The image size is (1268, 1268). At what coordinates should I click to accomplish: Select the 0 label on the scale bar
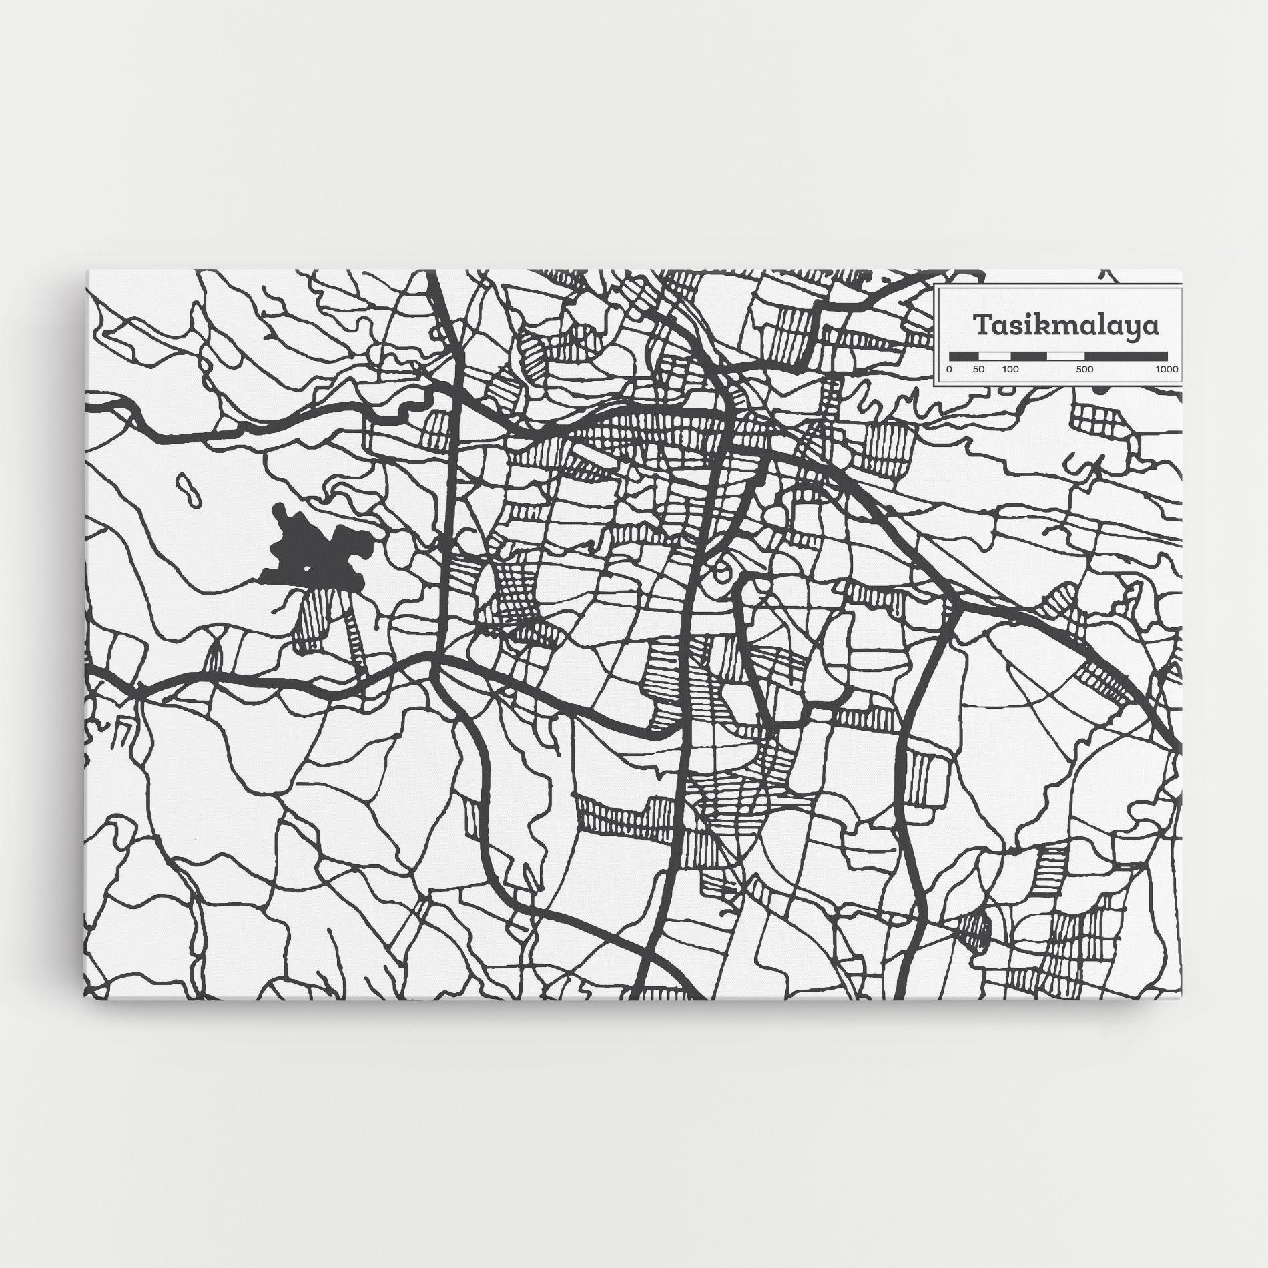pos(949,370)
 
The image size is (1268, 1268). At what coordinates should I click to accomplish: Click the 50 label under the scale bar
pos(978,370)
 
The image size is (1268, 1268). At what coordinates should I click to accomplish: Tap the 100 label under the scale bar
pos(1010,370)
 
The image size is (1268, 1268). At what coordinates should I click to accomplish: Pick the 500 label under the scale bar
pos(1084,370)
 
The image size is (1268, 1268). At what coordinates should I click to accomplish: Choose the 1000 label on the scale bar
pos(1167,370)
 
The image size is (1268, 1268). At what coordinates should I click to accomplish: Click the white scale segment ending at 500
pos(1066,356)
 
